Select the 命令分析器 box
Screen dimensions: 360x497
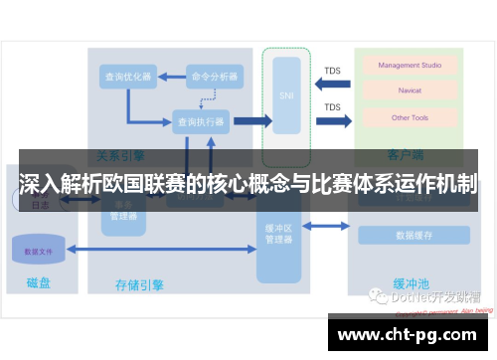tap(214, 78)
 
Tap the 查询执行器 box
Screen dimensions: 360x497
tap(200, 121)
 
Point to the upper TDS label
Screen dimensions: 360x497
tap(333, 71)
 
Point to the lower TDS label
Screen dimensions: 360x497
tap(333, 107)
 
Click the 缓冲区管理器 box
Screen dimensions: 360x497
tap(277, 235)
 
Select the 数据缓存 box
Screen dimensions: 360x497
tap(413, 236)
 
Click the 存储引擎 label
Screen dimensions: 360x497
tap(139, 285)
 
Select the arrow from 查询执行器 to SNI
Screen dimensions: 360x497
tap(252, 121)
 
